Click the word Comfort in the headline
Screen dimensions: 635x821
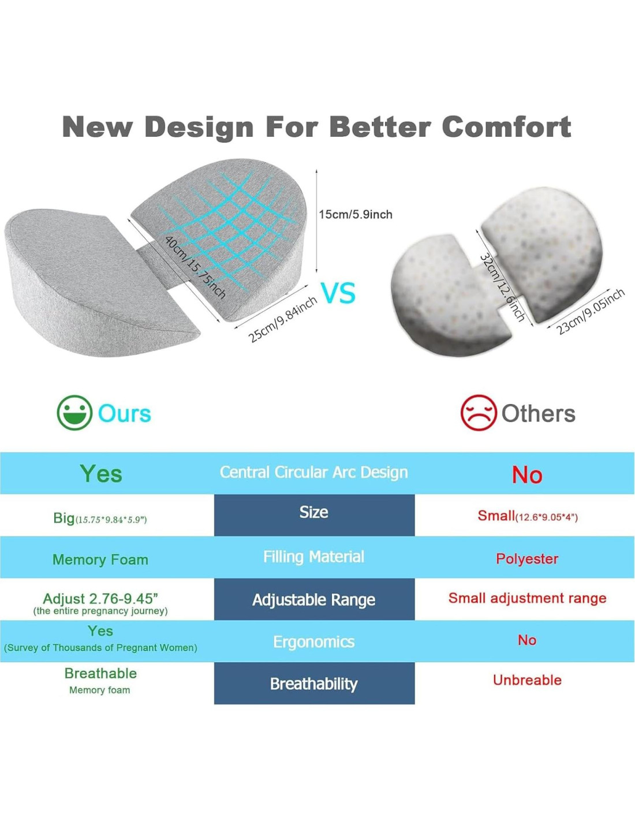(x=506, y=128)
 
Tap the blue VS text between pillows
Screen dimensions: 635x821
(x=338, y=293)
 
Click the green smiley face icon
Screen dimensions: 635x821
(x=74, y=413)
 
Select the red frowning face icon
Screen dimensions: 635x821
(x=478, y=412)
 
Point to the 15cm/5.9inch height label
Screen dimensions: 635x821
(x=356, y=215)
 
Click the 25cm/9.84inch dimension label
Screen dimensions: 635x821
(x=282, y=319)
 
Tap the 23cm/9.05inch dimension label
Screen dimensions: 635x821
(x=589, y=311)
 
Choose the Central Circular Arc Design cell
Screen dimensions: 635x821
(x=314, y=472)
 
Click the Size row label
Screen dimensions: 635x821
(x=314, y=512)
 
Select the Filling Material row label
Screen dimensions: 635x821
(x=314, y=557)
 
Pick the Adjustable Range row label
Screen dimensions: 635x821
(x=314, y=600)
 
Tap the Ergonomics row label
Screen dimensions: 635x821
(x=314, y=642)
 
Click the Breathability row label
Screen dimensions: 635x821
(x=314, y=684)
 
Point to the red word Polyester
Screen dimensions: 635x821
(x=527, y=559)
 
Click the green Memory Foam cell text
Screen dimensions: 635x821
(x=100, y=559)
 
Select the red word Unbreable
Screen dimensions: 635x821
(x=528, y=680)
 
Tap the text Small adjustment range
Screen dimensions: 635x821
(x=528, y=598)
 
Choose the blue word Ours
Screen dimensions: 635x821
(x=124, y=413)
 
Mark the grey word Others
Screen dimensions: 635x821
(x=538, y=413)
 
